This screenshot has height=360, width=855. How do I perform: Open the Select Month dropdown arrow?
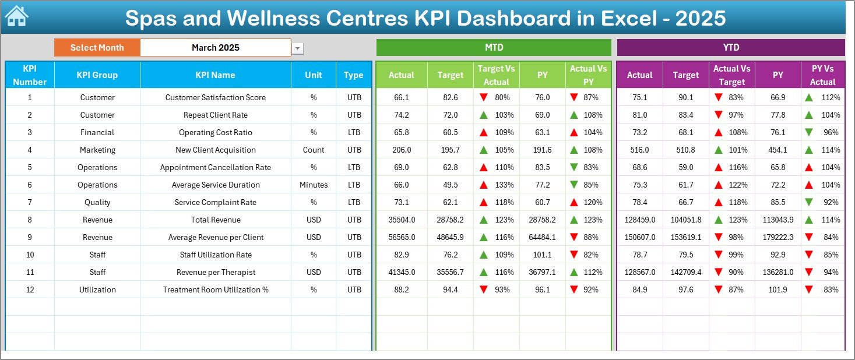coord(298,48)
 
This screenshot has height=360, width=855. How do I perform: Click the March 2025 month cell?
coord(215,48)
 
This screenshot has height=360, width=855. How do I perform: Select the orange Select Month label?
coord(97,48)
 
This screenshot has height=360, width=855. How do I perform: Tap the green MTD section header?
coord(494,48)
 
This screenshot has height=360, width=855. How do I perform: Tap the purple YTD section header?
coord(730,48)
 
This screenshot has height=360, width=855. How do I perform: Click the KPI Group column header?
coord(97,75)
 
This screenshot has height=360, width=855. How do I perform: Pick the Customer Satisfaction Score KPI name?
coord(215,97)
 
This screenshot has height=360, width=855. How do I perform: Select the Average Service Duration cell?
coord(215,185)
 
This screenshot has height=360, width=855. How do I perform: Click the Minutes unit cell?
coord(314,185)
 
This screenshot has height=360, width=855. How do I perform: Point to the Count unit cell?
coord(314,150)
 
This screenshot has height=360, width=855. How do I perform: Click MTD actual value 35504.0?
coord(402,220)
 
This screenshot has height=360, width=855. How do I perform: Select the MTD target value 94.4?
coord(450,290)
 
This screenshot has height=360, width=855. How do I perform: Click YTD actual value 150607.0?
coord(639,237)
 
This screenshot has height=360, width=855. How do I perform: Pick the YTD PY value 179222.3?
coord(777,237)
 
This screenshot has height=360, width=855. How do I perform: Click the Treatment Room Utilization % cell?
coord(215,290)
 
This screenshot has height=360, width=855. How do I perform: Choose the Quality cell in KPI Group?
coord(97,202)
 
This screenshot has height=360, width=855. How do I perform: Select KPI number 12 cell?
coord(30,290)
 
